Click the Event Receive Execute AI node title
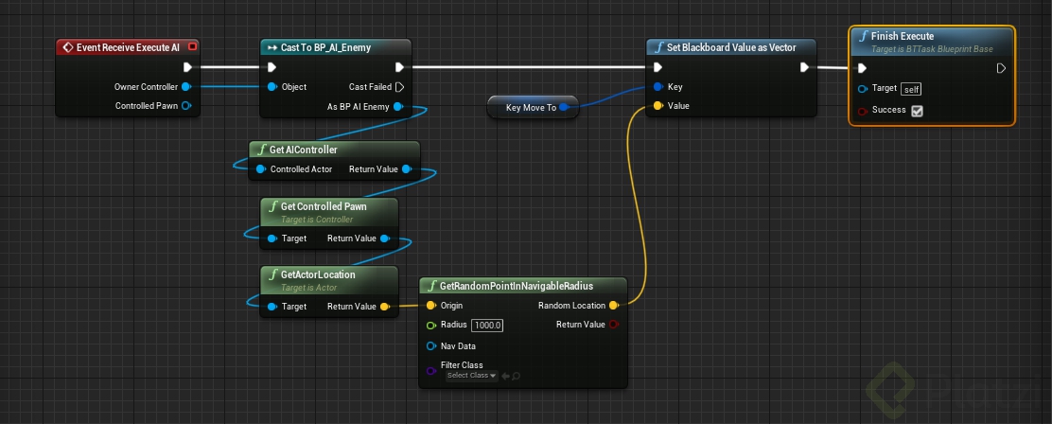coord(128,46)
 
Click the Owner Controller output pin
coord(186,86)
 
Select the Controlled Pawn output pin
coord(186,106)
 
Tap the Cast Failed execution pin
coord(399,86)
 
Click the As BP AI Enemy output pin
coord(398,106)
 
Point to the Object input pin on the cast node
coord(272,86)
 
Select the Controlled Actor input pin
coord(261,169)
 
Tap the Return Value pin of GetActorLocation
coord(385,307)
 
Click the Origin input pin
coord(431,306)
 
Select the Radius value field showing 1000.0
coord(487,326)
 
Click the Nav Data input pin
coord(431,346)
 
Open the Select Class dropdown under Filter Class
coord(471,376)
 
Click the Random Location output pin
coord(614,306)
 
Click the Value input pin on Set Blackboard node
coord(658,106)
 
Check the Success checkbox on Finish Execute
coord(917,111)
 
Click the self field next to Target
coord(911,89)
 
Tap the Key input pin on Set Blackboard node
coord(658,86)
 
